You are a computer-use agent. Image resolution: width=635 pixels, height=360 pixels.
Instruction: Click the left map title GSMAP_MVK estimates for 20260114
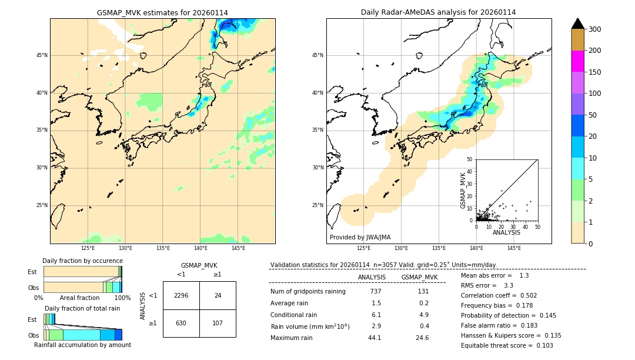[162, 12]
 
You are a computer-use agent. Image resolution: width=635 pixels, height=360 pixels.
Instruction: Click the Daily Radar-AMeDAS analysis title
[438, 12]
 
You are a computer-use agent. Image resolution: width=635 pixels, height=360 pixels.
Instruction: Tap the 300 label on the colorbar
[594, 29]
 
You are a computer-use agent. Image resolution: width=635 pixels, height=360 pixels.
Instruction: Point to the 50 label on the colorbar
[593, 115]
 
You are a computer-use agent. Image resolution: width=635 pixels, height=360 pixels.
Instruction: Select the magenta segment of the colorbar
[578, 61]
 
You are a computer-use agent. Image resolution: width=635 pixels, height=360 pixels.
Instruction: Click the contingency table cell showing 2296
[181, 295]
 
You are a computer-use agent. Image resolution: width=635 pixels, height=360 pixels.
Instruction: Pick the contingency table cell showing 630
[181, 323]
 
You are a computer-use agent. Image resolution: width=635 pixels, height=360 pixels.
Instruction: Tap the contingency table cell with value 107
[218, 323]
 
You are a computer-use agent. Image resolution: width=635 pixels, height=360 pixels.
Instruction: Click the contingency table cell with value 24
[218, 295]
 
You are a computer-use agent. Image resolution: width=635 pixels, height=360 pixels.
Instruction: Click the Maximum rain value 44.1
[375, 338]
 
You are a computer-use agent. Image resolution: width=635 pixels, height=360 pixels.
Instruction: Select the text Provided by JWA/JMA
[360, 237]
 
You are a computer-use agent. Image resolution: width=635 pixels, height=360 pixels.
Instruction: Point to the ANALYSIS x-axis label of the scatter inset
[506, 233]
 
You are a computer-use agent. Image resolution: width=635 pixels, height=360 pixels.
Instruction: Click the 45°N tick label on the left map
[42, 55]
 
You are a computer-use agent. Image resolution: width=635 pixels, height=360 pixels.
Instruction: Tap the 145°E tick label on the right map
[514, 249]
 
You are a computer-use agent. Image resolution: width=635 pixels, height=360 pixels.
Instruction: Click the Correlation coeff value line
[499, 295]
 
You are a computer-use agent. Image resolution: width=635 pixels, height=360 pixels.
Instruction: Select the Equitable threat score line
[507, 345]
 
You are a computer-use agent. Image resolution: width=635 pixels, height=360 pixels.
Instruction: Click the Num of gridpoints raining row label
[308, 291]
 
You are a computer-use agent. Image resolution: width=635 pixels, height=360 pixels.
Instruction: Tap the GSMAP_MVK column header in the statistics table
[419, 277]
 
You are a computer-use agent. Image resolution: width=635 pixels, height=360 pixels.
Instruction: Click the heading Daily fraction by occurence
[82, 261]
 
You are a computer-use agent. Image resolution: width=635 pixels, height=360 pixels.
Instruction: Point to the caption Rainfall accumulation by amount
[82, 345]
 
